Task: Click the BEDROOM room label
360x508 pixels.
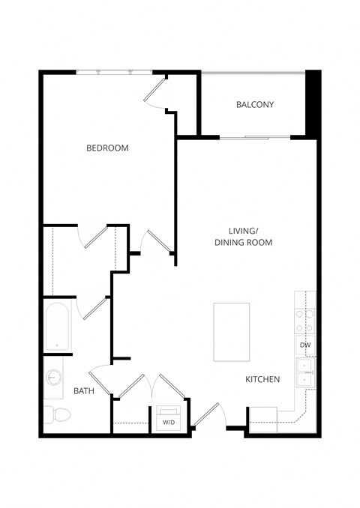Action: pyautogui.click(x=107, y=148)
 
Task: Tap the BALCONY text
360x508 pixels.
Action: pyautogui.click(x=255, y=105)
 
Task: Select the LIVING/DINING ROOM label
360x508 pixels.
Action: pyautogui.click(x=243, y=237)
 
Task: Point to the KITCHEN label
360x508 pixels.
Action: pyautogui.click(x=262, y=380)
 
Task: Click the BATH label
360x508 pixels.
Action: pyautogui.click(x=83, y=391)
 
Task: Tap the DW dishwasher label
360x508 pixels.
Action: pyautogui.click(x=305, y=345)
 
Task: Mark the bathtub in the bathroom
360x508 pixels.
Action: pyautogui.click(x=56, y=327)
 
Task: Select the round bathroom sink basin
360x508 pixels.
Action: pyautogui.click(x=54, y=378)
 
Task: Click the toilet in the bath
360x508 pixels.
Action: pyautogui.click(x=58, y=413)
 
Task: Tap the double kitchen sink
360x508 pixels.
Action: pyautogui.click(x=305, y=372)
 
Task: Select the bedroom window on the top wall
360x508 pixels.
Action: pyautogui.click(x=114, y=72)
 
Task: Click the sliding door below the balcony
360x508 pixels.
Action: pyautogui.click(x=255, y=137)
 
